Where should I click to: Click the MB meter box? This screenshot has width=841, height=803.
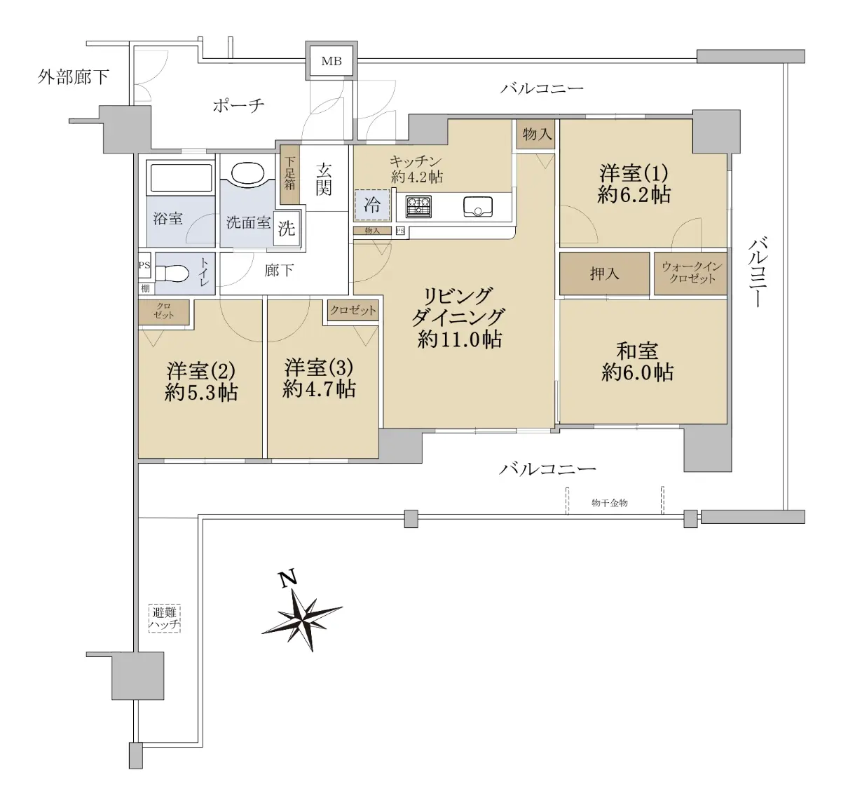[331, 61]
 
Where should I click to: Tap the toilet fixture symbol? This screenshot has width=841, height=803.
[172, 273]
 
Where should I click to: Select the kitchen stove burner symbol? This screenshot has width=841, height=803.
[418, 206]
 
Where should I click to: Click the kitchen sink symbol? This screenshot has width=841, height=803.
[478, 207]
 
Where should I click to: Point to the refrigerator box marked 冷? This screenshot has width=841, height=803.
[371, 205]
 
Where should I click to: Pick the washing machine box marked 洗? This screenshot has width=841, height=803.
[286, 229]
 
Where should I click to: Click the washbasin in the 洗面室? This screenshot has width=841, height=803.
[247, 173]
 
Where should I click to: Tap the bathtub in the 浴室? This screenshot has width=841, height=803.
[181, 177]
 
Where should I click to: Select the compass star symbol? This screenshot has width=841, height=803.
[303, 619]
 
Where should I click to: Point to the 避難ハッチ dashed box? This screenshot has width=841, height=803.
[164, 618]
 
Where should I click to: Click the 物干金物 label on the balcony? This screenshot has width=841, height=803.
[610, 503]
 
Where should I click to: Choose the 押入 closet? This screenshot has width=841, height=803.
[604, 274]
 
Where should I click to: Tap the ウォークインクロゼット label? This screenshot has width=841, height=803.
[692, 273]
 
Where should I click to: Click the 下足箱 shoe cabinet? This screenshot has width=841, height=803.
[289, 174]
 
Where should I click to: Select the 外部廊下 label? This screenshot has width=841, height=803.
[73, 77]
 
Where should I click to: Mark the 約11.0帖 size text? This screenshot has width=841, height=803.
[460, 339]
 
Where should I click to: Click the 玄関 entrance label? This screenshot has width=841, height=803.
[324, 180]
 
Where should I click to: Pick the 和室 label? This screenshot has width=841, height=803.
[637, 351]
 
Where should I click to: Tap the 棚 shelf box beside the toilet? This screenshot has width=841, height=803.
[146, 288]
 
